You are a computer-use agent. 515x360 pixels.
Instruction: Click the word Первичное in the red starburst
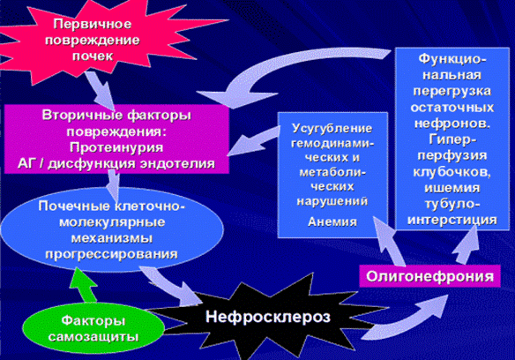pyautogui.click(x=93, y=25)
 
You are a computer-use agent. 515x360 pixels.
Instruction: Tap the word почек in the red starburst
pyautogui.click(x=93, y=56)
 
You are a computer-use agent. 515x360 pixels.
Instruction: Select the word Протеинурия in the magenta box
pyautogui.click(x=116, y=147)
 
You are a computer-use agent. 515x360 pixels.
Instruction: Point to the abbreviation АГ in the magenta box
pyautogui.click(x=26, y=163)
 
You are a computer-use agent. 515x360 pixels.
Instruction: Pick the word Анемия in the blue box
pyautogui.click(x=332, y=222)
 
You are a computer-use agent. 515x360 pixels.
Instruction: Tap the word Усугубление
pyautogui.click(x=332, y=128)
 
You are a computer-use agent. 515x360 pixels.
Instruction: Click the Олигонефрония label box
pyautogui.click(x=429, y=276)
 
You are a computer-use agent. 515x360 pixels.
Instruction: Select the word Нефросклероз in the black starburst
pyautogui.click(x=268, y=317)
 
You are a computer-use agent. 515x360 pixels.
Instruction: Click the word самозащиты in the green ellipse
pyautogui.click(x=93, y=337)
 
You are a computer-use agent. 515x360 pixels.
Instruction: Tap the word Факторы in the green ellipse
pyautogui.click(x=93, y=320)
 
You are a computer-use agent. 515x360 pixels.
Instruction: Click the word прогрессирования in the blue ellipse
pyautogui.click(x=112, y=254)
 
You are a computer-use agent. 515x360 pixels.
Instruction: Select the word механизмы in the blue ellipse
pyautogui.click(x=112, y=238)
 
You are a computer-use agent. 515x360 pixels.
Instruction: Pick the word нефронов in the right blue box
pyautogui.click(x=452, y=124)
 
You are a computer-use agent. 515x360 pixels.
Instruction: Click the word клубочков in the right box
pyautogui.click(x=452, y=172)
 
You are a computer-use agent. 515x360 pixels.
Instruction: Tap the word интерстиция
pyautogui.click(x=452, y=220)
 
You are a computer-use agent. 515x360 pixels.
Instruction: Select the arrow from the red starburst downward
pyautogui.click(x=101, y=90)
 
